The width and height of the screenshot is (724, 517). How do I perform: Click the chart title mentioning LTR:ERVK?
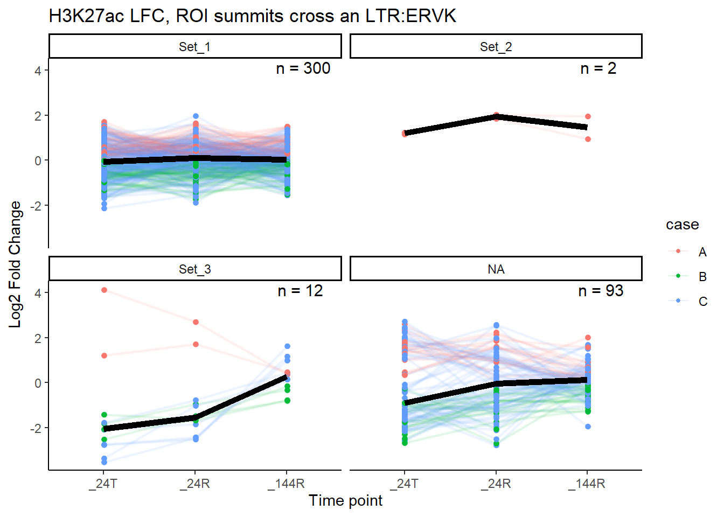pos(252,16)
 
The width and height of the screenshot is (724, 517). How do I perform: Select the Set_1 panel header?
pos(194,47)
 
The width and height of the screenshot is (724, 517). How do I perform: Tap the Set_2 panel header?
pos(496,47)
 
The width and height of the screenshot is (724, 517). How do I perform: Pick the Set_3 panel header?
pos(194,269)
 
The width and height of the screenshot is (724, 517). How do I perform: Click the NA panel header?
pos(496,269)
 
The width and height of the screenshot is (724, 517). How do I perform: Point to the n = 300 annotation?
pos(303,68)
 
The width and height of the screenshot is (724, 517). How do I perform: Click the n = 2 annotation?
pos(598,68)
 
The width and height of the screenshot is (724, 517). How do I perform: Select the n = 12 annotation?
pos(300,291)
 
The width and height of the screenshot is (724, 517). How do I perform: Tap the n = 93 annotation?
pos(601,291)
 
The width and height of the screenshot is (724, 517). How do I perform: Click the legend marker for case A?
pos(678,251)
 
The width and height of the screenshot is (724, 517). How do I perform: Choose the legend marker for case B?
pos(678,276)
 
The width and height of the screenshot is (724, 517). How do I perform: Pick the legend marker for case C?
pos(678,301)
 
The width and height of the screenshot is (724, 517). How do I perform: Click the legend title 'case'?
pos(682,225)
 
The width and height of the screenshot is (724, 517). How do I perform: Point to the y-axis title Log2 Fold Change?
pos(15,264)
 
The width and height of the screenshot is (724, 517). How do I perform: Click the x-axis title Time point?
pos(345,500)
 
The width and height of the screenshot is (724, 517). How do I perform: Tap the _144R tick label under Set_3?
pos(286,484)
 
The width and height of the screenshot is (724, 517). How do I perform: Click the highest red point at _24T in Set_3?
pos(104,290)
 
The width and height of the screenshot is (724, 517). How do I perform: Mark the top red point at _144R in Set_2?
pos(588,116)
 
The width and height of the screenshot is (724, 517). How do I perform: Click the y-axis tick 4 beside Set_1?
pos(38,71)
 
